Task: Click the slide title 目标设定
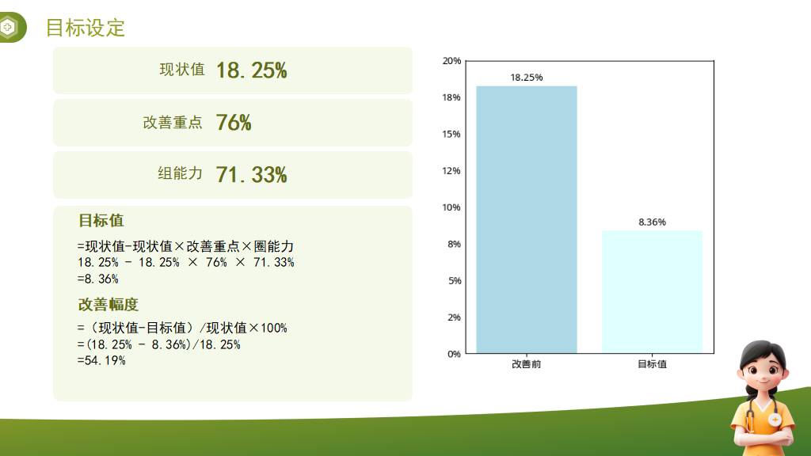[86, 28]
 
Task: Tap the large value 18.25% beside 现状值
[251, 70]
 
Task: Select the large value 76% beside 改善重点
[234, 123]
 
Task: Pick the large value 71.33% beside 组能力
[251, 175]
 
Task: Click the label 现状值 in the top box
[182, 70]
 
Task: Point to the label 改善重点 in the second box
[173, 123]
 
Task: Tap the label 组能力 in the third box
[180, 173]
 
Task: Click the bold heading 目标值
[101, 221]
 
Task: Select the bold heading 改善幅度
[108, 305]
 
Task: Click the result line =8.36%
[97, 279]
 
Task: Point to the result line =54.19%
[101, 360]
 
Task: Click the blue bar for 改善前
[527, 220]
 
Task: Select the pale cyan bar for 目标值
[652, 292]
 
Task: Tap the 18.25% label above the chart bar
[527, 78]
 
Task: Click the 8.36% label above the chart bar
[653, 222]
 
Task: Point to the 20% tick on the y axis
[451, 61]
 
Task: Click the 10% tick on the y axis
[451, 207]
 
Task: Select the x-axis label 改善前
[527, 364]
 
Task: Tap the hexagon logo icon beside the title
[8, 27]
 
